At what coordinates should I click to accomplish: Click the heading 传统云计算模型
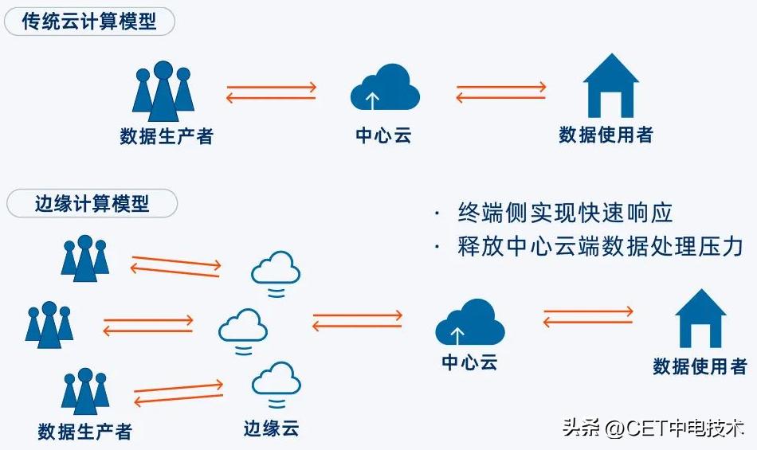[x=89, y=21]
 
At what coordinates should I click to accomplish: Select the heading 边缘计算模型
[x=92, y=203]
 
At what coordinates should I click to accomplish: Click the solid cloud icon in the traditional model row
[x=385, y=88]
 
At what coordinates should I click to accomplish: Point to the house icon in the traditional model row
[x=611, y=85]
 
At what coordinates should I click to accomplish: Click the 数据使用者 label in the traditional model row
[x=606, y=135]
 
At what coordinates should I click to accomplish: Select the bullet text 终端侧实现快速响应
[x=565, y=213]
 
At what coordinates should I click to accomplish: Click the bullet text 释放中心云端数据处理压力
[x=599, y=246]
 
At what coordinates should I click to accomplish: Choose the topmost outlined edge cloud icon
[x=276, y=272]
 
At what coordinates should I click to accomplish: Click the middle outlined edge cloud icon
[x=243, y=329]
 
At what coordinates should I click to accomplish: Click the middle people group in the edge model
[x=49, y=323]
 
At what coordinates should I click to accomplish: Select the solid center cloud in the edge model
[x=470, y=323]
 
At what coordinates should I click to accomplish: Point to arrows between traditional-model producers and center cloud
[x=271, y=93]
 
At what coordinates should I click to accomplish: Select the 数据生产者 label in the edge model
[x=84, y=432]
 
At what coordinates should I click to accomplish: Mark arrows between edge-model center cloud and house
[x=588, y=317]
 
